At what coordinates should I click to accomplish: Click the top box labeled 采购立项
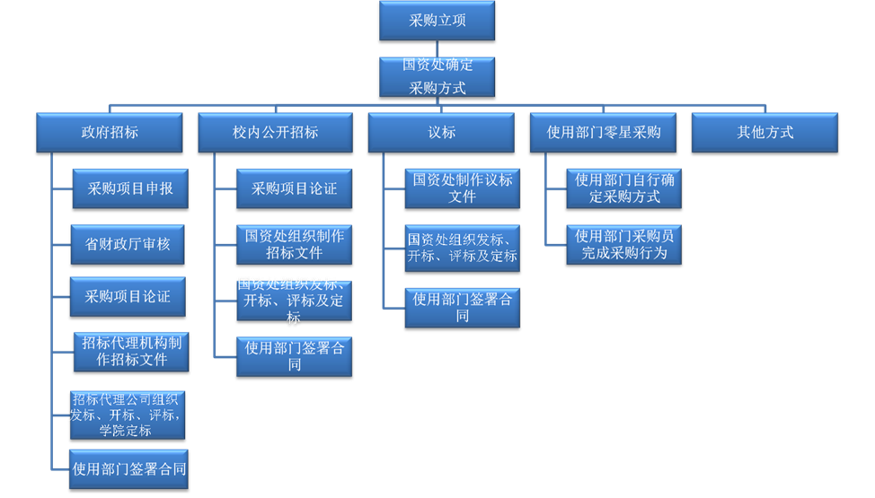tap(437, 22)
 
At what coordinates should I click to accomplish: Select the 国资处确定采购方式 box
tap(437, 77)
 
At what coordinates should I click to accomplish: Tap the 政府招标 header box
tap(110, 133)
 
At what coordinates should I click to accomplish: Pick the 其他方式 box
tap(765, 133)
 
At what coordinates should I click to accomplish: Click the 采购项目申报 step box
tap(129, 189)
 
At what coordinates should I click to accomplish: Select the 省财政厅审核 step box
tap(128, 244)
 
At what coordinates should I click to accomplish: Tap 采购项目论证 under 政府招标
tap(128, 297)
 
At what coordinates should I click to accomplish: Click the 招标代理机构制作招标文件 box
tap(131, 352)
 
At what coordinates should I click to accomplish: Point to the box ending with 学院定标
tap(128, 414)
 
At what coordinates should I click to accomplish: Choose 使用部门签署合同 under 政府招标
tap(131, 469)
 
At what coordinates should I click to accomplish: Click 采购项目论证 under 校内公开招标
tap(295, 189)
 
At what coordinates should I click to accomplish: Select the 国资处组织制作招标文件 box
tap(295, 244)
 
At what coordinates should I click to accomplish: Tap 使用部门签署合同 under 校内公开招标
tap(295, 356)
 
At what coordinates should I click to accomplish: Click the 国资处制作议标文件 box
tap(462, 188)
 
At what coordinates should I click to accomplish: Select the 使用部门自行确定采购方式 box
tap(624, 188)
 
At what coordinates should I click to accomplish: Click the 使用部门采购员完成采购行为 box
tap(624, 245)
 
